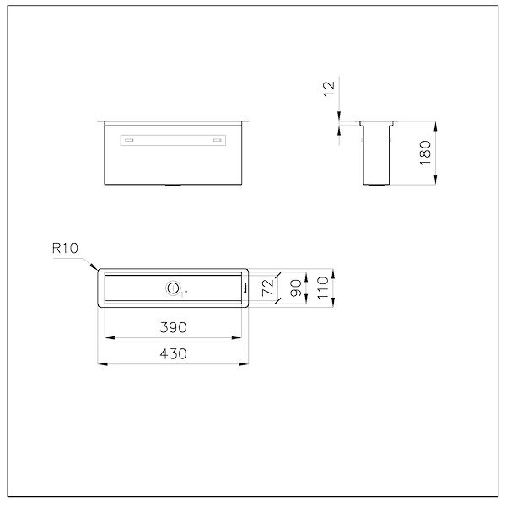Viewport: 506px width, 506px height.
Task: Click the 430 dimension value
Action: tap(173, 353)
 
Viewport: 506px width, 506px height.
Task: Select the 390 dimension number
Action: tap(173, 327)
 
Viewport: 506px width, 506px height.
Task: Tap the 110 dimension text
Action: tap(323, 288)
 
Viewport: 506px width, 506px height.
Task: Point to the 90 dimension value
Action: tap(296, 288)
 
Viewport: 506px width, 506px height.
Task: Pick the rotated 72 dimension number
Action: tap(268, 288)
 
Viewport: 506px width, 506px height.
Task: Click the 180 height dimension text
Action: tap(425, 153)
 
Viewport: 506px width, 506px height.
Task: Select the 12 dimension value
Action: tap(329, 89)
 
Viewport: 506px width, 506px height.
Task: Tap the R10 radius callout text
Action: tap(65, 248)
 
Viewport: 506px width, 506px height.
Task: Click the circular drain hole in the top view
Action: tap(173, 288)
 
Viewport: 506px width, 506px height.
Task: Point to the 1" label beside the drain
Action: tap(184, 293)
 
